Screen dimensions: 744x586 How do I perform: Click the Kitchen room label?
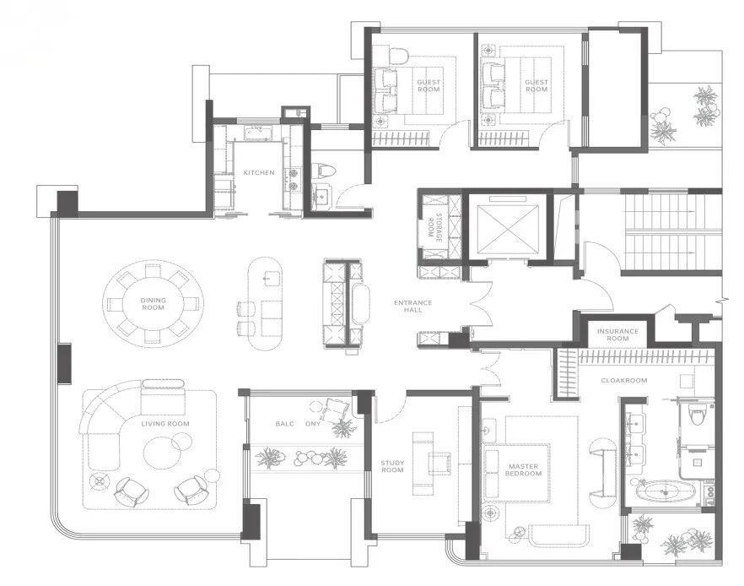(x=259, y=172)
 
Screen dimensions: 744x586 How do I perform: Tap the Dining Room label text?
(x=154, y=303)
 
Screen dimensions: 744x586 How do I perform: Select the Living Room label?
(x=165, y=424)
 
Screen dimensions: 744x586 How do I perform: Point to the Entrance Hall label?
(x=412, y=306)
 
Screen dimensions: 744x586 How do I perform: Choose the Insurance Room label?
(x=617, y=334)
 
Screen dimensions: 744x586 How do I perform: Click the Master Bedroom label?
(x=523, y=469)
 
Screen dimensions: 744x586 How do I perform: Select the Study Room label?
(x=392, y=466)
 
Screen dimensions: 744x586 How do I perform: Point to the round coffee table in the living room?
(x=162, y=452)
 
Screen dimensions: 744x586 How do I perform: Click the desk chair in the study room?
(x=439, y=463)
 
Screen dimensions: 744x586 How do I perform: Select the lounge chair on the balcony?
(x=335, y=410)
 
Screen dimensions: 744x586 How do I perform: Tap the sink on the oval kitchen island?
(x=272, y=278)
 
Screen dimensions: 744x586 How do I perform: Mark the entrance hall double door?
(x=481, y=305)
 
